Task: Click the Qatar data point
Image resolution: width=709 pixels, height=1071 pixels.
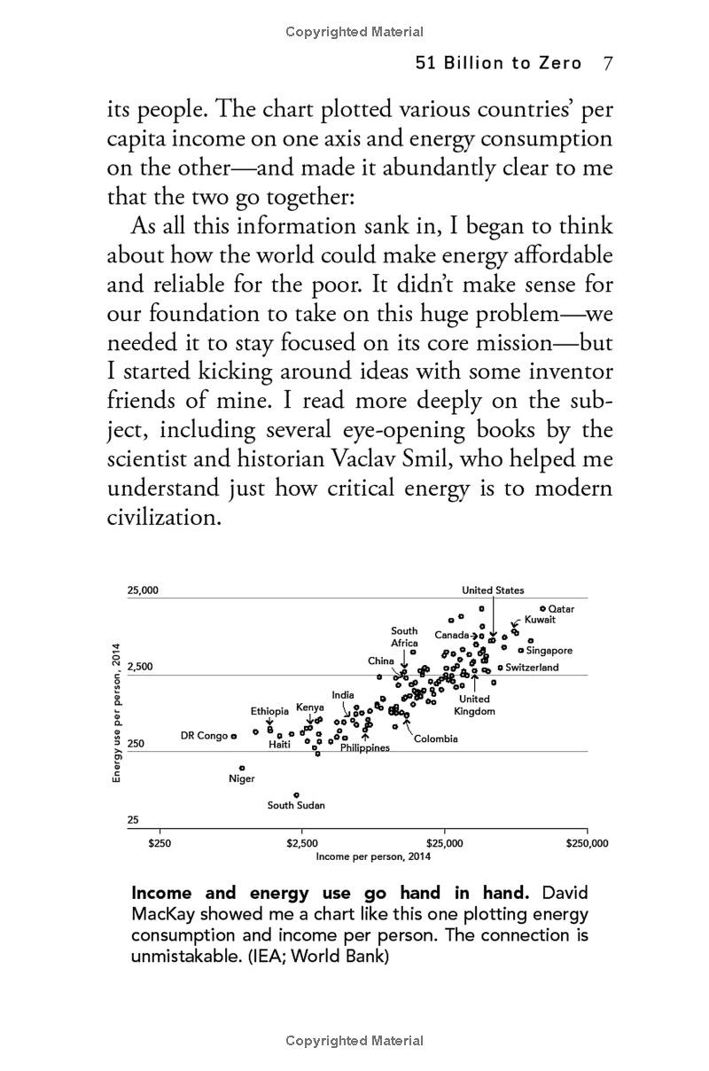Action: click(542, 608)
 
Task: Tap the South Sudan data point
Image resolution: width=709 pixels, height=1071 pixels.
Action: click(296, 794)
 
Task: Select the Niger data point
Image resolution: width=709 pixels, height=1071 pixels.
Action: click(242, 768)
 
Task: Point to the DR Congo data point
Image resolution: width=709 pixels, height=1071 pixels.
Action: click(234, 736)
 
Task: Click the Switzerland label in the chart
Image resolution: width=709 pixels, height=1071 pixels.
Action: click(532, 667)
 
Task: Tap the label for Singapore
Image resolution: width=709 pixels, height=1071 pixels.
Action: click(549, 651)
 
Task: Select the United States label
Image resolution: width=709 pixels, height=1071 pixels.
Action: click(493, 590)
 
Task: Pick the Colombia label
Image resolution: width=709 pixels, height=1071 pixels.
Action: click(436, 739)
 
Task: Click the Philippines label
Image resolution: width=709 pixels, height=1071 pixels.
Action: click(365, 748)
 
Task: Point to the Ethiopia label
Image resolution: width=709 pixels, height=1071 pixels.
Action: click(269, 711)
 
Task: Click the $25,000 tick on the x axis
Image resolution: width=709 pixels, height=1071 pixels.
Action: click(445, 843)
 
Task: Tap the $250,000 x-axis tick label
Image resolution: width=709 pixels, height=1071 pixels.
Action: click(588, 843)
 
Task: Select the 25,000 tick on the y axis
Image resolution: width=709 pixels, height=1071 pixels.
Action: click(143, 590)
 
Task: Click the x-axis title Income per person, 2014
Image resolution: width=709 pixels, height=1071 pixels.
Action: click(373, 856)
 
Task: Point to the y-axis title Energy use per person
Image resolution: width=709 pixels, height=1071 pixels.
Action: click(116, 713)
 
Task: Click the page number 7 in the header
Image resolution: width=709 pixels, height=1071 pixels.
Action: click(608, 63)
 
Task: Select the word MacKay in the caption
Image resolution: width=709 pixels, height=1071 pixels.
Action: click(166, 913)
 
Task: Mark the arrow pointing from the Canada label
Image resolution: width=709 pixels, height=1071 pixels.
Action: click(475, 636)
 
